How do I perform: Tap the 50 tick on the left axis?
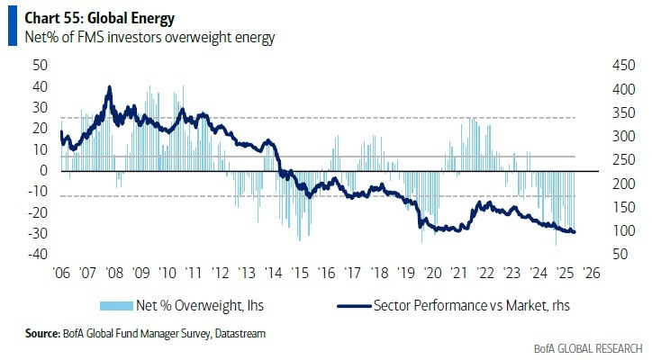pos(40,66)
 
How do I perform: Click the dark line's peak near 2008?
pos(110,87)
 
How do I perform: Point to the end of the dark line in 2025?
pos(575,232)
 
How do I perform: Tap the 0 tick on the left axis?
pos(43,170)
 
